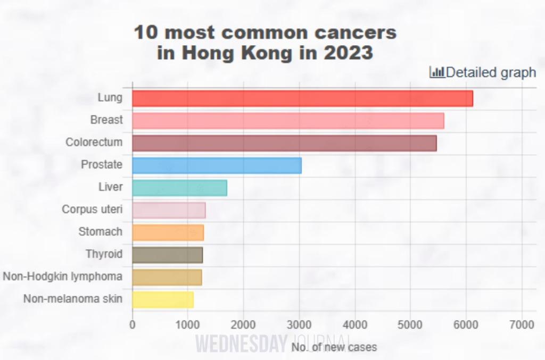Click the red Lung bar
302,98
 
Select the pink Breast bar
288,121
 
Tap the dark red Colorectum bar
284,143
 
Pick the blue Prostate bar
217,165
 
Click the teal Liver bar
179,188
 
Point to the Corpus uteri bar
169,210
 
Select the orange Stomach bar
168,232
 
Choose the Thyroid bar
167,255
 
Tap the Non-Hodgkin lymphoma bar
167,277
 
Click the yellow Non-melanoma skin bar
163,299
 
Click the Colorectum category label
94,143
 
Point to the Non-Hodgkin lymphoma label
62,277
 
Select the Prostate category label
101,165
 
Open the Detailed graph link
490,72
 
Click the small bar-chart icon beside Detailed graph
437,72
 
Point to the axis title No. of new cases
334,347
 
